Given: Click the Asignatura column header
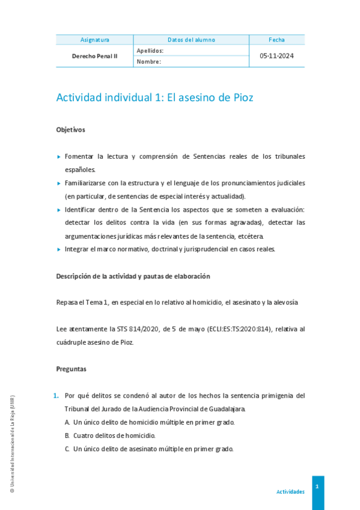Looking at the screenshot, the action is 95,40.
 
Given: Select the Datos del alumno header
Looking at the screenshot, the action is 191,40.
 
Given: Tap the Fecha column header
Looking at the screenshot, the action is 277,40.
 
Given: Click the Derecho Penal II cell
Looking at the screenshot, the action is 95,56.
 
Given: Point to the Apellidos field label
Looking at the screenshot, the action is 150,51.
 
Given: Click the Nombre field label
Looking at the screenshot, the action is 149,61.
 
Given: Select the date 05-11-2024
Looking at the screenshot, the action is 277,56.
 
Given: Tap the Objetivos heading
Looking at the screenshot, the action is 70,129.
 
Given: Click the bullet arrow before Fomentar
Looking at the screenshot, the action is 59,156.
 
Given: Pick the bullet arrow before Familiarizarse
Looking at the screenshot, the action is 59,183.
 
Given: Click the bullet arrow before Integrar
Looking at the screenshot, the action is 59,250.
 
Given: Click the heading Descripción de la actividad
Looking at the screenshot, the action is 133,276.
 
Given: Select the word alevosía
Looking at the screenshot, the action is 284,303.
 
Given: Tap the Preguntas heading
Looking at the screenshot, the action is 71,369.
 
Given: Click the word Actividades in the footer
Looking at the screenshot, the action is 290,491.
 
